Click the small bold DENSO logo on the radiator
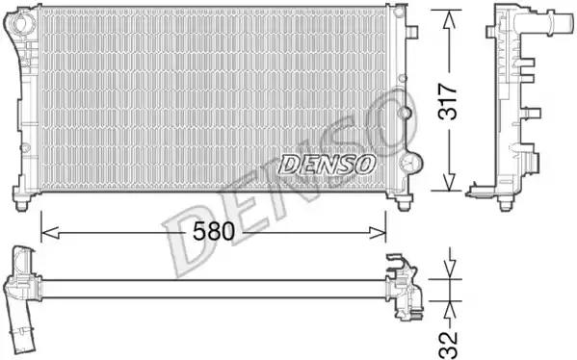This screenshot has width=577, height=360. click(327, 165)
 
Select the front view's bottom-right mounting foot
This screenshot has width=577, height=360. click(402, 200)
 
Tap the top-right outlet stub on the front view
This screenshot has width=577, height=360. click(411, 31)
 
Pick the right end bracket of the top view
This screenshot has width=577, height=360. click(402, 286)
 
